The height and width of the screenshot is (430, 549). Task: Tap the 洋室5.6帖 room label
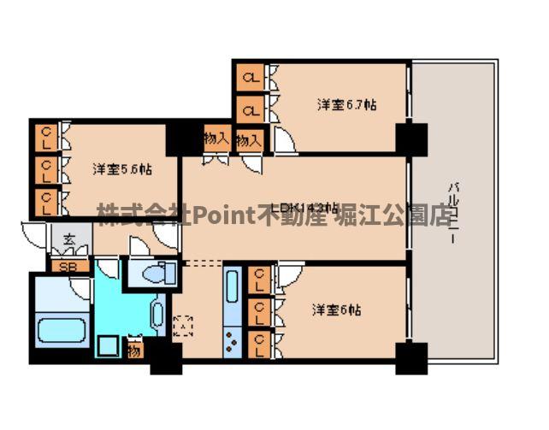(x=122, y=169)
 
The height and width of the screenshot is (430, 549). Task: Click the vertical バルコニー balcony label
(x=451, y=215)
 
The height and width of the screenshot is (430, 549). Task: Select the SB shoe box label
(x=64, y=266)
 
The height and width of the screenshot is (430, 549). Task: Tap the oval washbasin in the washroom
(x=158, y=315)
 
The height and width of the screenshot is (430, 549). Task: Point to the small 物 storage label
(x=134, y=349)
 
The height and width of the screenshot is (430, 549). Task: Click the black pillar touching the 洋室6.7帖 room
(x=412, y=136)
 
